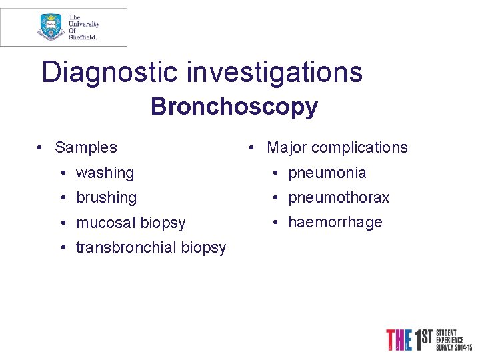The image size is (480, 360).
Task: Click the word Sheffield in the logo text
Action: tap(83, 37)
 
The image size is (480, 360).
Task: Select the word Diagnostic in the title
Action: tap(110, 72)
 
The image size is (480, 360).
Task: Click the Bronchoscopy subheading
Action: tap(234, 106)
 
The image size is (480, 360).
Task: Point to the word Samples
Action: tap(86, 147)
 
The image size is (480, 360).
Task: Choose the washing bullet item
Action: tap(105, 173)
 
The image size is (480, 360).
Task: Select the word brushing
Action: tap(106, 197)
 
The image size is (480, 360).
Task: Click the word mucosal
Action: tap(104, 223)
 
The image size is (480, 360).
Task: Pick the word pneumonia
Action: tap(327, 173)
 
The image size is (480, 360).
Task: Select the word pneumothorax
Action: tap(339, 197)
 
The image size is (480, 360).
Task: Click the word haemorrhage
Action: tap(335, 222)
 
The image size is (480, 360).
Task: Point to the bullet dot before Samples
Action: tap(41, 148)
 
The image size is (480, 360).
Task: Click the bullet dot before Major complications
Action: tap(253, 148)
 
